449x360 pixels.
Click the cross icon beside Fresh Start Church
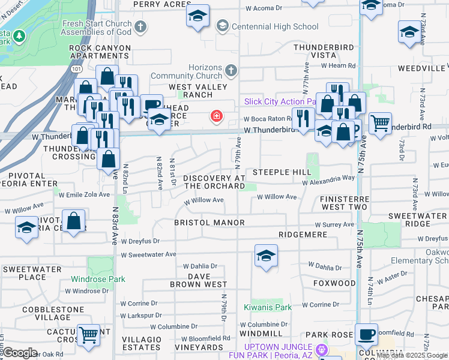click(140, 26)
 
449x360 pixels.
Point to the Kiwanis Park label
click(267, 307)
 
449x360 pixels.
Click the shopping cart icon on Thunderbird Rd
click(380, 124)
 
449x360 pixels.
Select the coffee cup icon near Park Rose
click(366, 334)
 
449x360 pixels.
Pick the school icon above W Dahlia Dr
click(266, 256)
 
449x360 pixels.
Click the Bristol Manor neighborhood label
click(209, 223)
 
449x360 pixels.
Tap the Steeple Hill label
click(281, 172)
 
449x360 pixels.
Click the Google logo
click(20, 353)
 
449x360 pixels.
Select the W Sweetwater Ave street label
click(147, 255)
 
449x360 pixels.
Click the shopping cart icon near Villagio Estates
click(88, 334)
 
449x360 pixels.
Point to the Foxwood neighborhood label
click(334, 283)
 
